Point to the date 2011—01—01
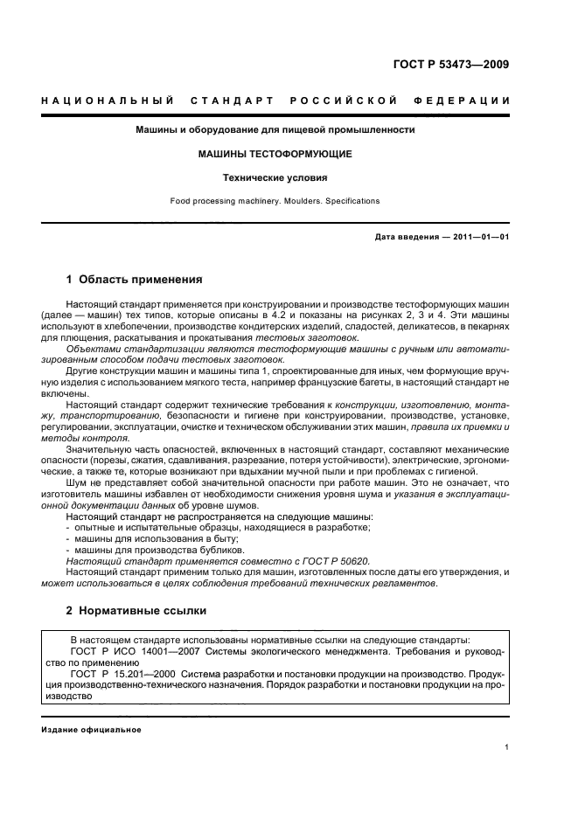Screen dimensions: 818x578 point(480,237)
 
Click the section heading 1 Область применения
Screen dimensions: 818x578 point(135,281)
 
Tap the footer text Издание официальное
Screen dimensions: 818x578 point(92,731)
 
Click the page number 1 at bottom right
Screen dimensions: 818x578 point(507,747)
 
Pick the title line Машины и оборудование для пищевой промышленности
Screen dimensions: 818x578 point(275,130)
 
